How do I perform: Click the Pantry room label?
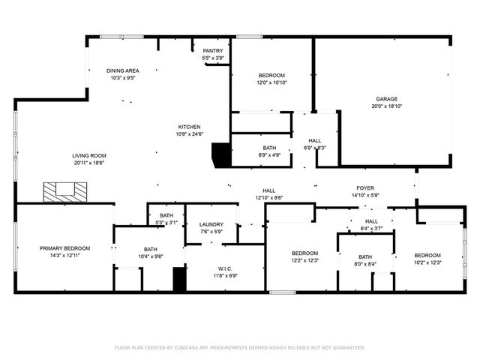[x=213, y=51]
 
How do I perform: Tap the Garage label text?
[x=386, y=98]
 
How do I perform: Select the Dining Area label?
[x=121, y=70]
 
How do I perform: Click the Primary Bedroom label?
[x=65, y=248]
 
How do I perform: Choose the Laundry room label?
[x=211, y=224]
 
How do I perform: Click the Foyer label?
[x=365, y=188]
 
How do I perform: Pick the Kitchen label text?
[x=189, y=127]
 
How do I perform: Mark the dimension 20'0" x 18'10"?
[x=386, y=106]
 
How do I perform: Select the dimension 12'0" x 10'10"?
[x=271, y=82]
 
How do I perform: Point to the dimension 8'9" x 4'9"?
[x=269, y=155]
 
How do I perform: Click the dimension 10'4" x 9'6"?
[x=151, y=256]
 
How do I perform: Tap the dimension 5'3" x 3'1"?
[x=166, y=223]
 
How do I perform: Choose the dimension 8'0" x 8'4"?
[x=365, y=262]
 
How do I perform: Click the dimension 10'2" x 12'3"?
[x=428, y=262]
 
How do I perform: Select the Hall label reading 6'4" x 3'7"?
[x=371, y=228]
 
